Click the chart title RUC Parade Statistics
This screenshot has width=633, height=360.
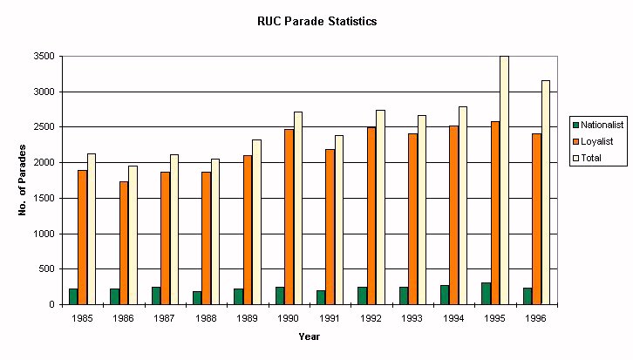coord(316,21)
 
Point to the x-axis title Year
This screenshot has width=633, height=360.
coord(309,336)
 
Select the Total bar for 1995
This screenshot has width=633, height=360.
coord(504,180)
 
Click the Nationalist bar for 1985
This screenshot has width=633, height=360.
coord(73,296)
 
